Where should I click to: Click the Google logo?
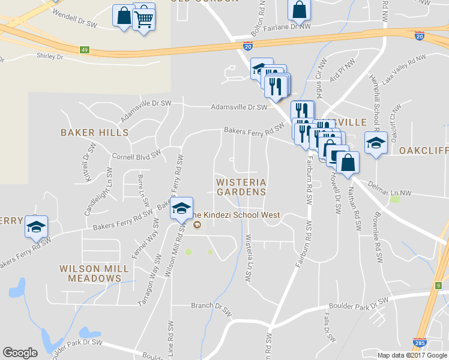coord(20,353)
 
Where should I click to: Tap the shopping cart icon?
coord(143,19)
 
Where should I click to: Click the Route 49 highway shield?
coord(85,50)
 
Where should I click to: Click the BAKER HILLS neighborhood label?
coord(94,132)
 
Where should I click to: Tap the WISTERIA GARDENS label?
coord(241,187)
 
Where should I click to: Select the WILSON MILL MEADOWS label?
coord(94,273)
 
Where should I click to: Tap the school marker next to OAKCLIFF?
coord(376,143)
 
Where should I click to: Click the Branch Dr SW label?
coord(211,306)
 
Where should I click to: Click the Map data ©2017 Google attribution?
coord(411,355)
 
